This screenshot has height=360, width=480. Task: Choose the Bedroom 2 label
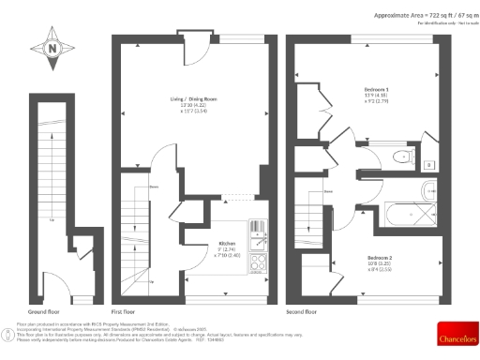(x=379, y=260)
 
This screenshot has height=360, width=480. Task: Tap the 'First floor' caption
(x=125, y=311)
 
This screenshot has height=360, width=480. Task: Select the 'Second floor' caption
(x=302, y=311)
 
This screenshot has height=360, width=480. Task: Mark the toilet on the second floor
(x=403, y=157)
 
